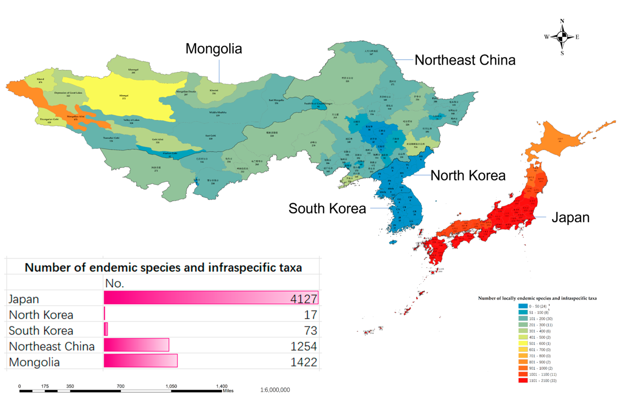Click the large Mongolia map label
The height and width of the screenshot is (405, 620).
coord(214,49)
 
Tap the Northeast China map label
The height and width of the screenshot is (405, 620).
coord(465,60)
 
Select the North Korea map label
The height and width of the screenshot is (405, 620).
coord(468,175)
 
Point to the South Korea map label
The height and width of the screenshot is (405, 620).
coord(327,208)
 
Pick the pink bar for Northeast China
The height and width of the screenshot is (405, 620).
coord(136,345)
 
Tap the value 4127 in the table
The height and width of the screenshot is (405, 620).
coord(304,299)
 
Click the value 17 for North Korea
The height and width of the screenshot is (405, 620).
coord(310,315)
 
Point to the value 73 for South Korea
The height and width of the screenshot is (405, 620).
coord(310,331)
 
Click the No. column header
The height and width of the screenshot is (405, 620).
coord(114,283)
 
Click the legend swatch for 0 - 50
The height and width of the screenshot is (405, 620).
coord(523,306)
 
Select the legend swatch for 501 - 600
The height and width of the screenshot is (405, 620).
coord(523,343)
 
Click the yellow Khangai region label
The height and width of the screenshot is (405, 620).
coord(124,97)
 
